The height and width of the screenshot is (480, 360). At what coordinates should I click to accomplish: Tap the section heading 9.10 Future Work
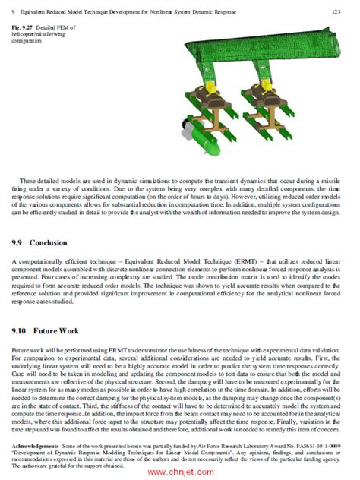(x=44, y=332)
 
